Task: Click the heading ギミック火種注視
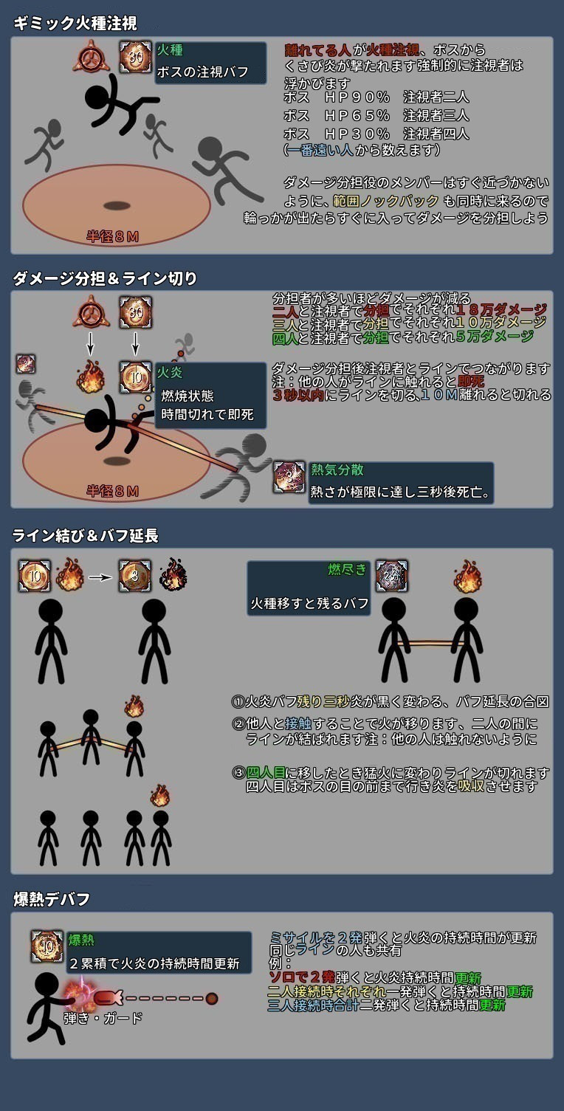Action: click(75, 24)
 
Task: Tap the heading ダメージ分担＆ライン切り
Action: click(105, 278)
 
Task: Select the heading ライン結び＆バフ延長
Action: click(86, 536)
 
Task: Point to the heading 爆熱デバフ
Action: click(52, 898)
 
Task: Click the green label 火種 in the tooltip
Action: click(170, 50)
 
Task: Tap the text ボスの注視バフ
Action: click(202, 72)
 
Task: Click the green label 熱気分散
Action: click(337, 469)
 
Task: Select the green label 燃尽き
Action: click(347, 569)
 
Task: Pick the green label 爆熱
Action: click(81, 940)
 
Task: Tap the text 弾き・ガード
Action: click(103, 1018)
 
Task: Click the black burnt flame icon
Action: click(173, 575)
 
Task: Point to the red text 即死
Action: click(470, 382)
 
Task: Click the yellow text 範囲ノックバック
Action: click(385, 201)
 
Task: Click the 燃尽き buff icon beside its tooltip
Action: click(392, 577)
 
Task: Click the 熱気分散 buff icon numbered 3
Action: click(289, 477)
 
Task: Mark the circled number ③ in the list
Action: click(238, 773)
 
